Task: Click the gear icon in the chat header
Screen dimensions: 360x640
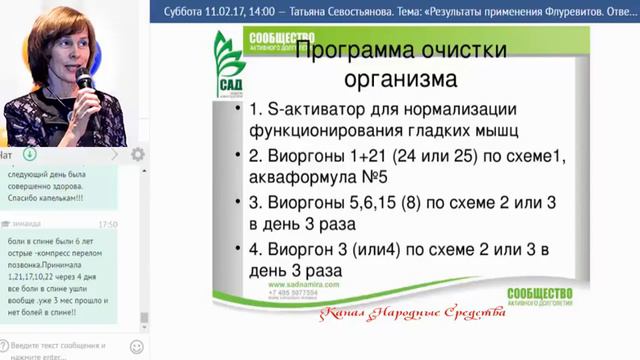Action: (138, 154)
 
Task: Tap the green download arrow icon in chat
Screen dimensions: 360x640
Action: (30, 154)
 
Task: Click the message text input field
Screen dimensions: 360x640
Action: (66, 349)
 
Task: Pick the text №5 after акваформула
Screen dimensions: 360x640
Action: (369, 179)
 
